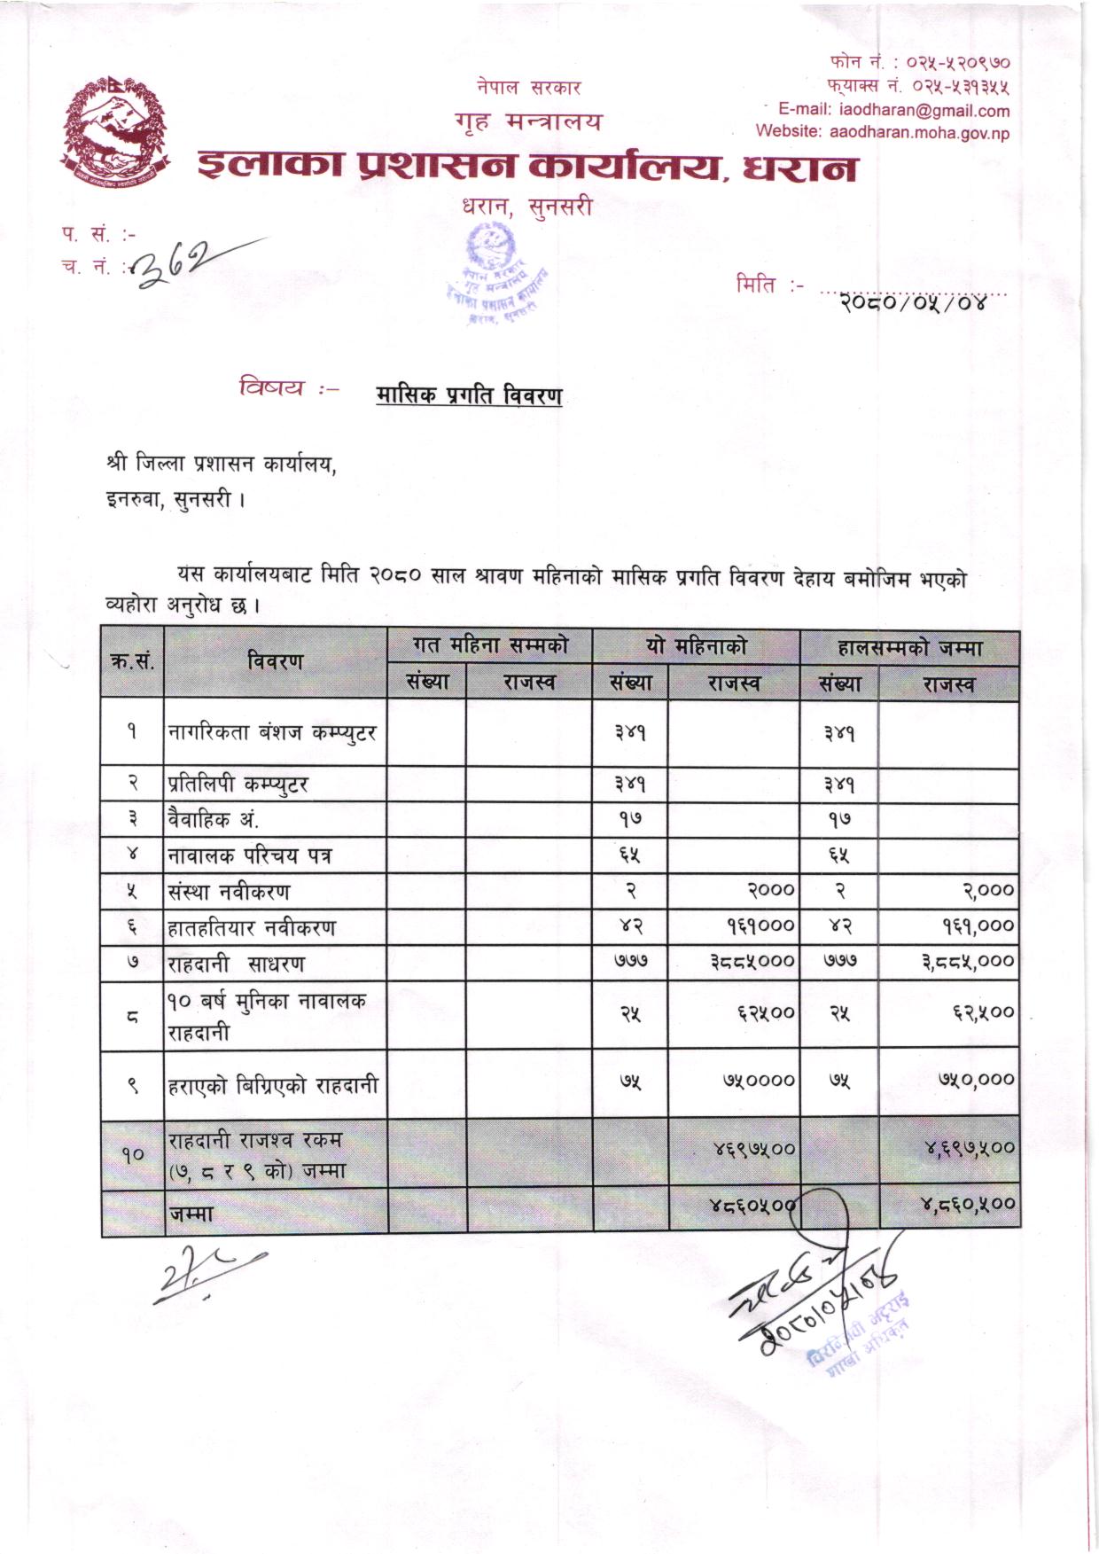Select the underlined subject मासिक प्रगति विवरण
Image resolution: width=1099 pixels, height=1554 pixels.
[x=469, y=394]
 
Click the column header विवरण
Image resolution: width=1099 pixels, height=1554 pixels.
[x=275, y=661]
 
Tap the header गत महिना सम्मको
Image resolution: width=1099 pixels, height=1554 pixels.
[x=489, y=645]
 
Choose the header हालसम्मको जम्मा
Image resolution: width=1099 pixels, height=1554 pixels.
[x=909, y=648]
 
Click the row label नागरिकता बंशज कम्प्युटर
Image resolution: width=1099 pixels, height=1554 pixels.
[x=272, y=733]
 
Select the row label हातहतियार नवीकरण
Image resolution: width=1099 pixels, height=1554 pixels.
[x=253, y=928]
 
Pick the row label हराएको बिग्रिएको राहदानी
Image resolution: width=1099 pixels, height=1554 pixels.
[x=273, y=1085]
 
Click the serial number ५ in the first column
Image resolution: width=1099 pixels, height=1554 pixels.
[x=132, y=892]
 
